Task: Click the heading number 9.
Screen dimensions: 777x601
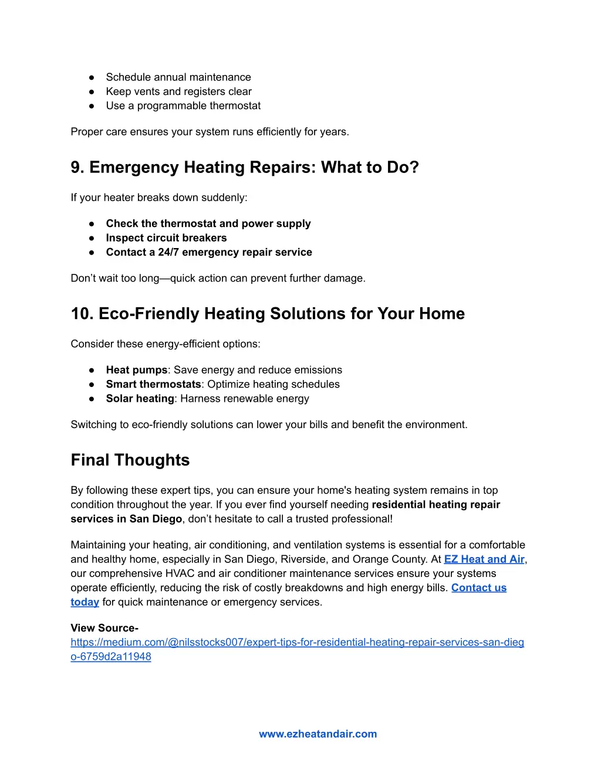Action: click(77, 168)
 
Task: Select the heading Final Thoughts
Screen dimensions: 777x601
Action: click(130, 460)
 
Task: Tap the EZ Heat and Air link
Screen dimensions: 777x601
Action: click(484, 559)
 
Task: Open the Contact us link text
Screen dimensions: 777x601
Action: click(478, 588)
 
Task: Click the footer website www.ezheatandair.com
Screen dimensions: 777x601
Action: click(318, 734)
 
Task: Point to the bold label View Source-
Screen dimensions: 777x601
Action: click(104, 628)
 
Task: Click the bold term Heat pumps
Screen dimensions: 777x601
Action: click(137, 370)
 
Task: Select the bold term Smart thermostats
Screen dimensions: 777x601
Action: click(153, 385)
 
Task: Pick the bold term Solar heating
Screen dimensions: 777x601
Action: click(140, 399)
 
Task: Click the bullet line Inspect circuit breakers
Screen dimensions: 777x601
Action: click(166, 238)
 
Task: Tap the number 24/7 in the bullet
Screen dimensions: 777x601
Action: click(168, 252)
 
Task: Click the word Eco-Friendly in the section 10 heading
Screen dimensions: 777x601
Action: click(148, 314)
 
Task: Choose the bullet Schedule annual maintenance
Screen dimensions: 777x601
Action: click(178, 77)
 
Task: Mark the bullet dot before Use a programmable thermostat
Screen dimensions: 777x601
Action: click(92, 106)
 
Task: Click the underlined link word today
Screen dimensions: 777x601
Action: click(85, 602)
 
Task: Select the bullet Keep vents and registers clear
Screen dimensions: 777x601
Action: click(178, 91)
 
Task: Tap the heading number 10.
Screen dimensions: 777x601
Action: click(82, 314)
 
